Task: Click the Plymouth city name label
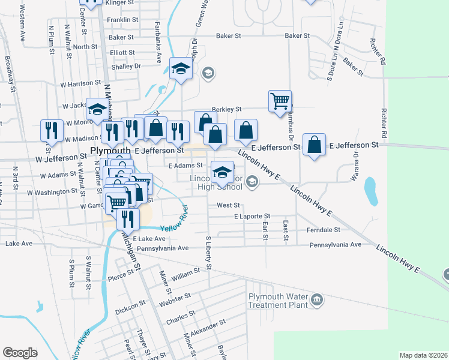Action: click(x=110, y=150)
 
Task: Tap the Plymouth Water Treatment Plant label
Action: click(x=277, y=300)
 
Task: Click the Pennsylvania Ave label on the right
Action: click(x=335, y=245)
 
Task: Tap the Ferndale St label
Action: click(x=323, y=230)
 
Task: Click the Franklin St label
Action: click(x=123, y=20)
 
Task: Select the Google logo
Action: click(x=20, y=352)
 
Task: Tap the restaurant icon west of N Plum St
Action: click(x=51, y=130)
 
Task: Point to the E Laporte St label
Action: click(x=252, y=216)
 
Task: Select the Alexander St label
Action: click(x=208, y=325)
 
